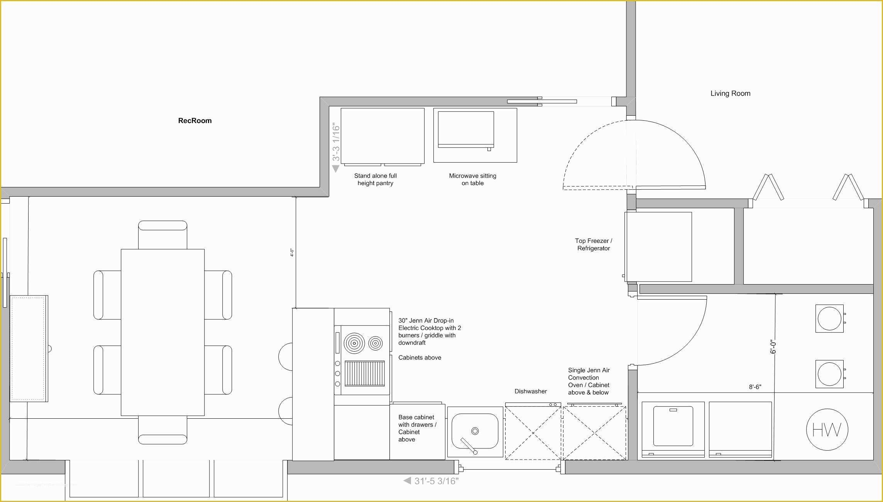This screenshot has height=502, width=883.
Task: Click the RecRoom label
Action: click(x=195, y=121)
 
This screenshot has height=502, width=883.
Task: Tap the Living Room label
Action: click(x=731, y=93)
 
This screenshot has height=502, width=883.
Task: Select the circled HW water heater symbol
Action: click(x=827, y=429)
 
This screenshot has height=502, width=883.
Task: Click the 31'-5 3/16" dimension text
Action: click(x=436, y=481)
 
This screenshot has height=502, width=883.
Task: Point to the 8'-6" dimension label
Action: click(x=755, y=387)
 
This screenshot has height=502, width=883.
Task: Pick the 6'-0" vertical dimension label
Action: click(x=773, y=347)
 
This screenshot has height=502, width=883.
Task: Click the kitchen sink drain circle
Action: click(x=475, y=431)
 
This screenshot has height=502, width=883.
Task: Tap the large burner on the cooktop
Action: click(x=354, y=343)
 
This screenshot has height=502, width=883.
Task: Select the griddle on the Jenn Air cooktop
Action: click(x=365, y=373)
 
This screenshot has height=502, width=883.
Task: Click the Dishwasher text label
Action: click(x=531, y=391)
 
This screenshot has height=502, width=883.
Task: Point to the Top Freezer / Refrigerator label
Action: click(x=594, y=244)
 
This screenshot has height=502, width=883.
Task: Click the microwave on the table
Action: click(x=466, y=130)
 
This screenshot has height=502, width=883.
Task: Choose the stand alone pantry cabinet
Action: click(x=382, y=136)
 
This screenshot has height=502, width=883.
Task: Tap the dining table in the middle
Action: click(x=162, y=332)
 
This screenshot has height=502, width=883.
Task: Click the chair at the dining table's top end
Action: click(x=162, y=235)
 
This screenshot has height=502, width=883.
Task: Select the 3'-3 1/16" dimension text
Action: click(x=336, y=142)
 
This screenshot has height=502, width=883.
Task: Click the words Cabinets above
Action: click(x=420, y=358)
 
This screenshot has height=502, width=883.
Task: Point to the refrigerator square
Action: click(x=658, y=247)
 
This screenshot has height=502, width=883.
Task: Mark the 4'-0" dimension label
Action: click(x=292, y=253)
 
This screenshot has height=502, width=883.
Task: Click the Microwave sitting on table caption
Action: click(x=473, y=179)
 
